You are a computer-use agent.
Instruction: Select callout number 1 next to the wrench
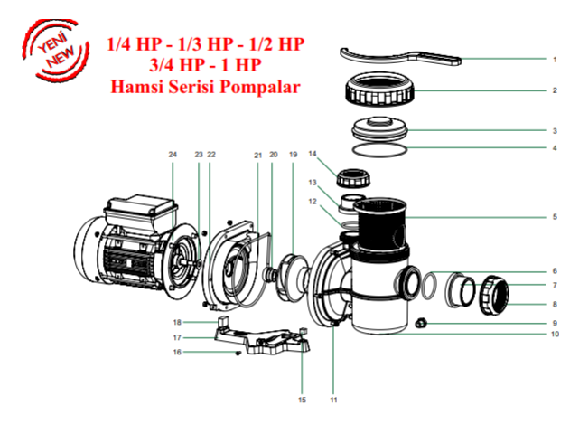click(554, 60)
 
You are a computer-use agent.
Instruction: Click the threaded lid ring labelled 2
click(384, 90)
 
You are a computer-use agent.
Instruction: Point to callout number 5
click(554, 217)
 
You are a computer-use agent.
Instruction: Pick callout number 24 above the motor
click(173, 155)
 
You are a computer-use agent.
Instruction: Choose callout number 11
click(333, 399)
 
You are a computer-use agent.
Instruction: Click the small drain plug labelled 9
click(421, 322)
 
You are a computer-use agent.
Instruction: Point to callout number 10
click(554, 334)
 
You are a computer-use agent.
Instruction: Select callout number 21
click(257, 155)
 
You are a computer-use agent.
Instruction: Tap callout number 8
click(554, 304)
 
